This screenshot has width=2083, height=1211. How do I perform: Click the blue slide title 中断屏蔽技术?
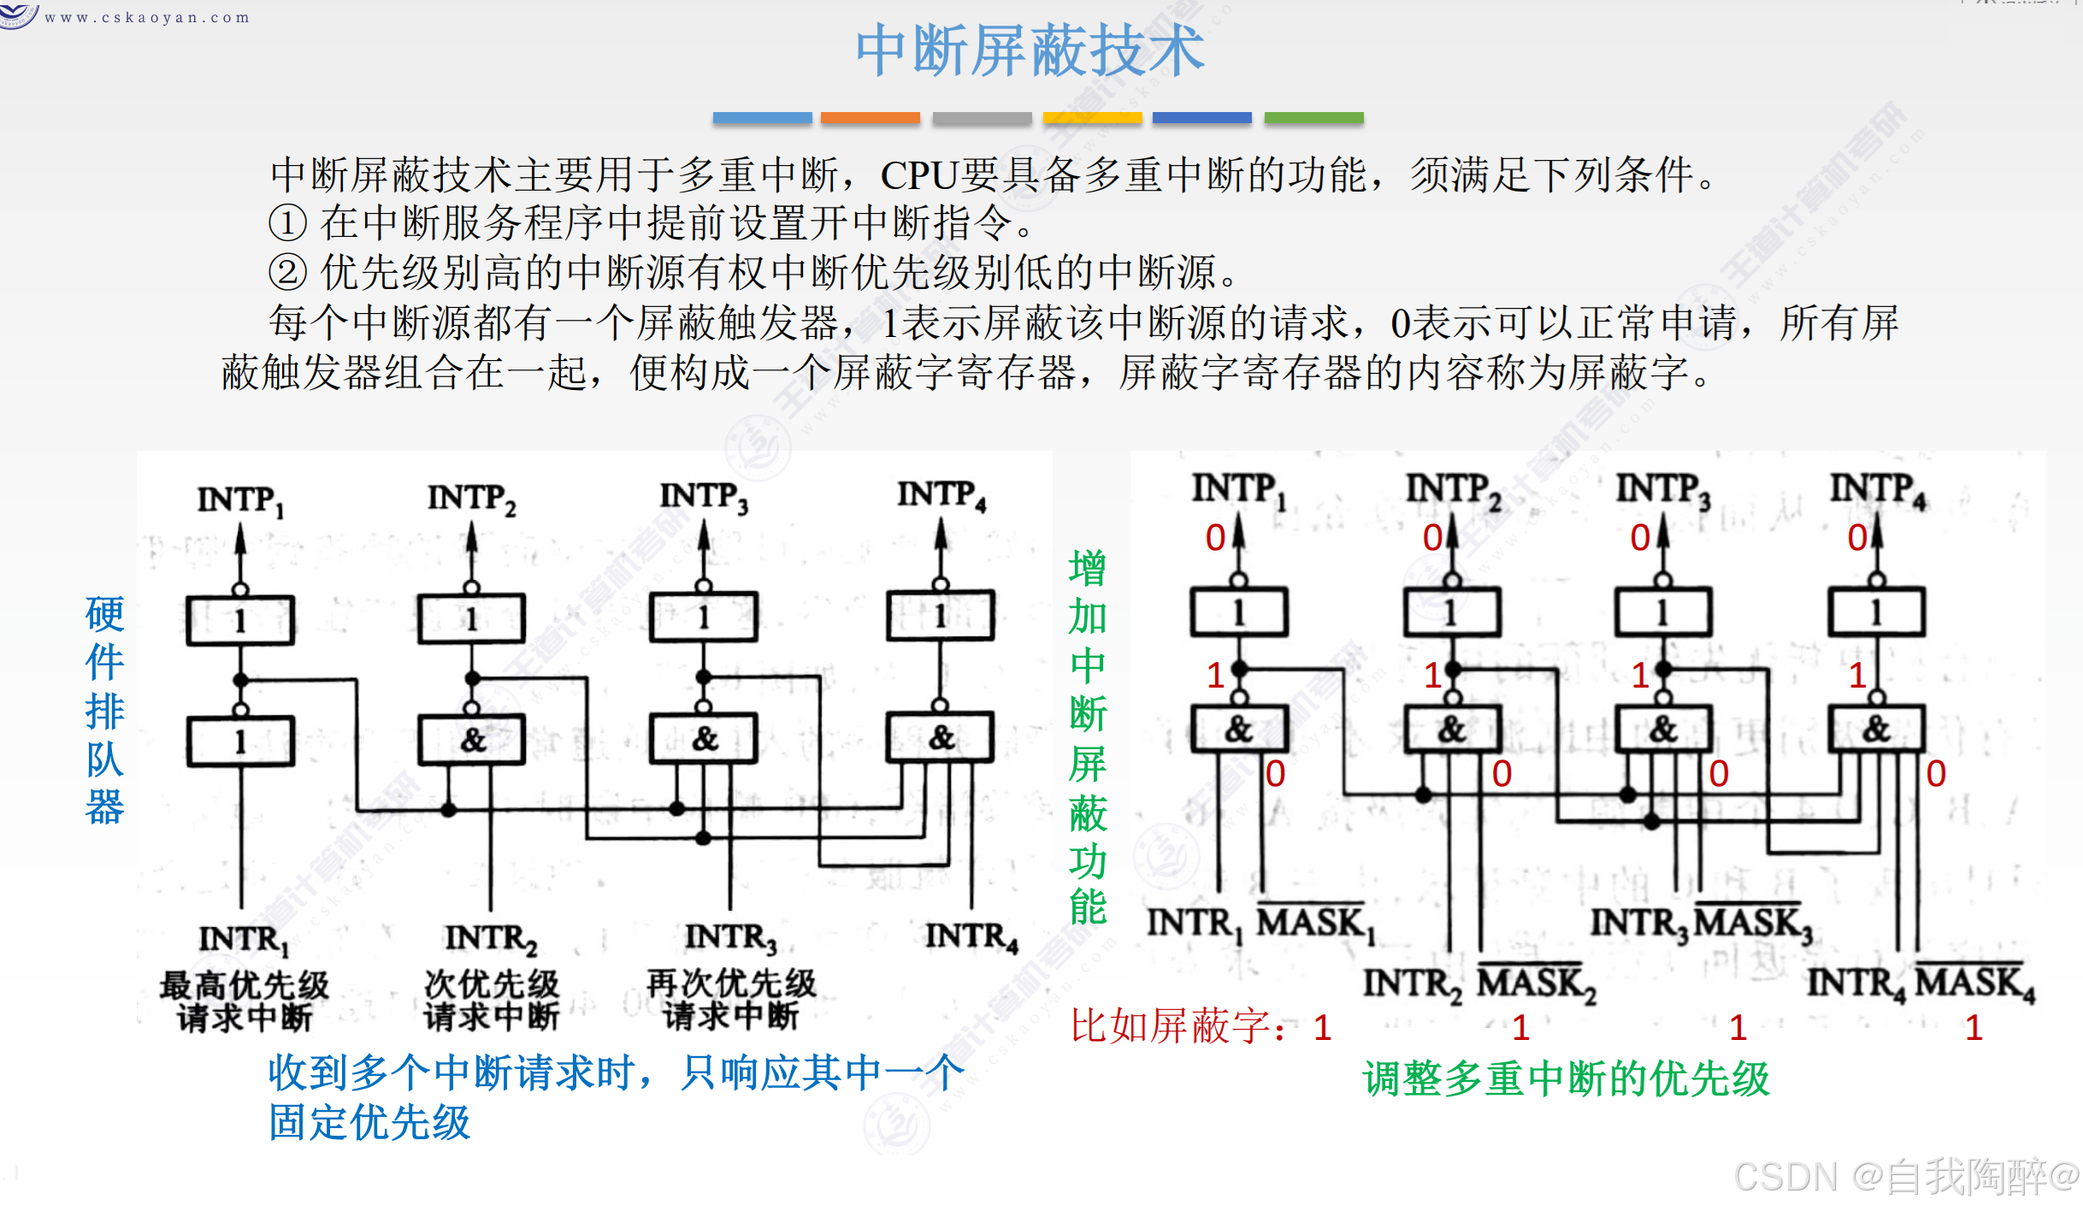pyautogui.click(x=1030, y=51)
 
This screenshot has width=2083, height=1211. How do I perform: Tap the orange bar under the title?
pyautogui.click(x=870, y=118)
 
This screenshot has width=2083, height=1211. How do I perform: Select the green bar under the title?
pyautogui.click(x=1313, y=118)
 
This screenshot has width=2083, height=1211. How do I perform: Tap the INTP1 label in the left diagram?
pyautogui.click(x=239, y=500)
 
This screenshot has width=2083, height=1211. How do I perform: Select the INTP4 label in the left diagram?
pyautogui.click(x=941, y=495)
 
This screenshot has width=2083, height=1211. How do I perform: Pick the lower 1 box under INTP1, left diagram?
pyautogui.click(x=240, y=741)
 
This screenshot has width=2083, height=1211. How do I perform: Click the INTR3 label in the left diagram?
pyautogui.click(x=731, y=938)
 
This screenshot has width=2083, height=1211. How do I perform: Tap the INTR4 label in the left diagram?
pyautogui.click(x=971, y=937)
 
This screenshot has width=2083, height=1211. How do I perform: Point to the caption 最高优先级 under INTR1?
pyautogui.click(x=245, y=985)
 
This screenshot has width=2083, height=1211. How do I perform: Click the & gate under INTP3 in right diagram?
pyautogui.click(x=1663, y=730)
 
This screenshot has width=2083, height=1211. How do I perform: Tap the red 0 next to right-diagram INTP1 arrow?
pyautogui.click(x=1215, y=538)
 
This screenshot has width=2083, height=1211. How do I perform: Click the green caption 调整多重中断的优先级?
pyautogui.click(x=1566, y=1079)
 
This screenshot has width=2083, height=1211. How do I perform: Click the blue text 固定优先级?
pyautogui.click(x=369, y=1123)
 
